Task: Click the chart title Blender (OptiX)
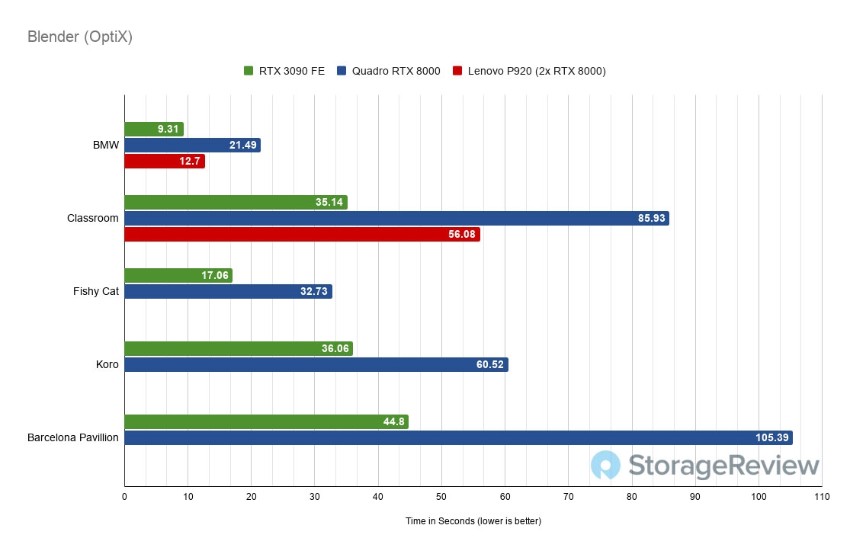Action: coord(80,37)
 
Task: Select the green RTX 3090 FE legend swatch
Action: coord(248,72)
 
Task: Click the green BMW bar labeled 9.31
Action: coord(154,130)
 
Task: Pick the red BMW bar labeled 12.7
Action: coord(165,162)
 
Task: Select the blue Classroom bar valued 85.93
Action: coord(396,218)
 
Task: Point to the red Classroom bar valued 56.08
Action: coord(302,234)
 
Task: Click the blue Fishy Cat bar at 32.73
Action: coord(228,291)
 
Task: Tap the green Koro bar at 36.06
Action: coord(239,348)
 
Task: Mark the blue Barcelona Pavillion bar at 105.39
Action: coord(458,437)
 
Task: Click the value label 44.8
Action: coord(393,421)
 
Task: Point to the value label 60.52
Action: coord(489,364)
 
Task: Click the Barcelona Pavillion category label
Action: coord(73,437)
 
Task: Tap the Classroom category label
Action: coord(93,218)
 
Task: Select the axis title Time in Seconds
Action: coord(473,521)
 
